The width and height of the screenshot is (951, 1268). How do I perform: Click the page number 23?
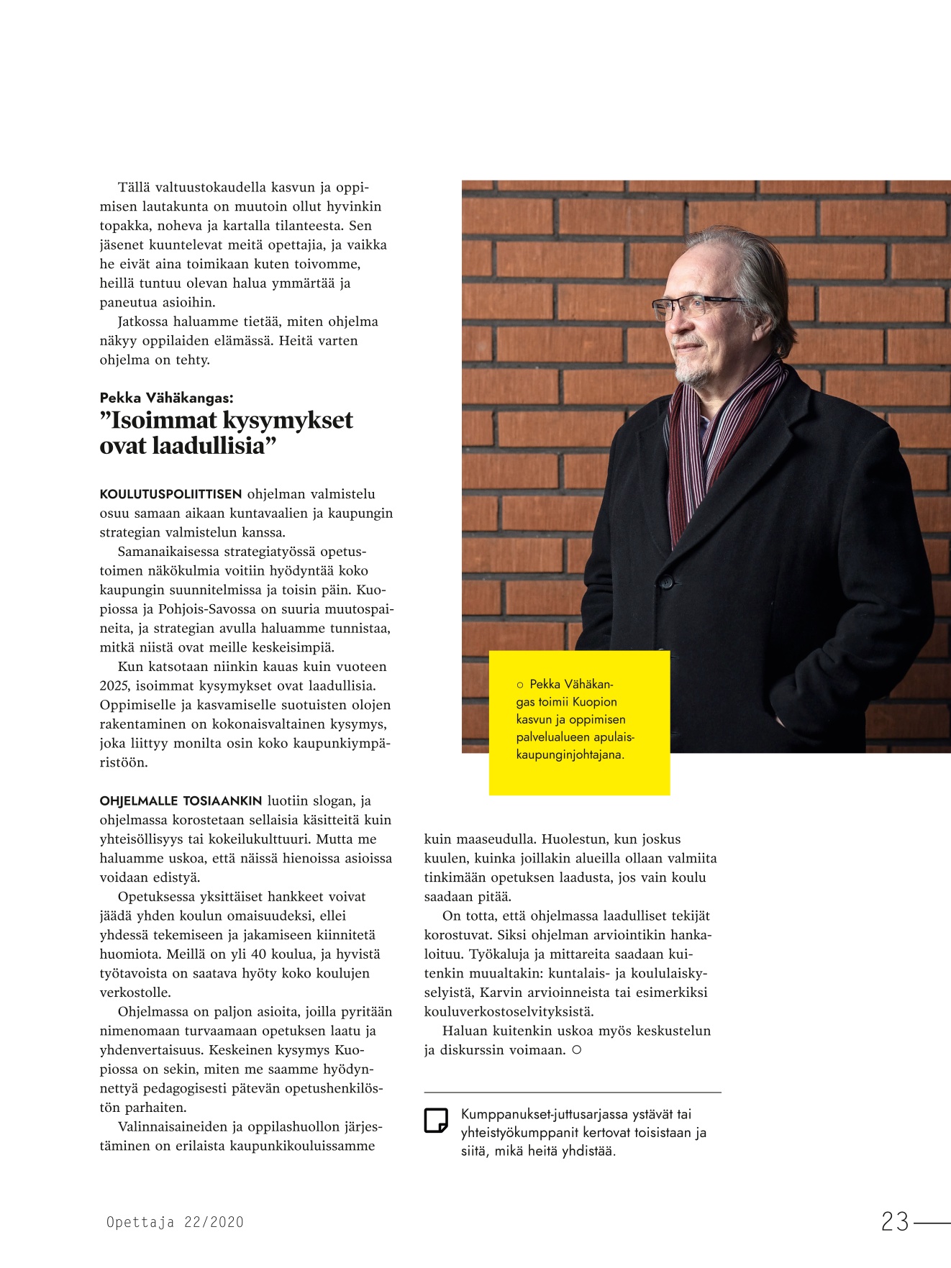(895, 1221)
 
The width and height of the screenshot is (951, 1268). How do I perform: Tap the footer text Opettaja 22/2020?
(175, 1222)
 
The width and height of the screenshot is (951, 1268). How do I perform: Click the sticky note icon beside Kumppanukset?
(436, 1121)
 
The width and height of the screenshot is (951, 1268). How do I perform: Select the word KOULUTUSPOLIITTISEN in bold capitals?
(170, 494)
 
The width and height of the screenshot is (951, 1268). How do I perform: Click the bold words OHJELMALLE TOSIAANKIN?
(181, 801)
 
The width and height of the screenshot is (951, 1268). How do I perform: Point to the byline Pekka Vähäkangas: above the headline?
(166, 398)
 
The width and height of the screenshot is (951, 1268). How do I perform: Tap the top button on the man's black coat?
(666, 581)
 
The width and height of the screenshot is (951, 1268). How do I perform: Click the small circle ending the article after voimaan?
(576, 1050)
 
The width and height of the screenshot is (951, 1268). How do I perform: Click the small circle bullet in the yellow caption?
(520, 685)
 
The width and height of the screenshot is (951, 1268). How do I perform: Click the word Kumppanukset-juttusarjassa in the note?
(544, 1114)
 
